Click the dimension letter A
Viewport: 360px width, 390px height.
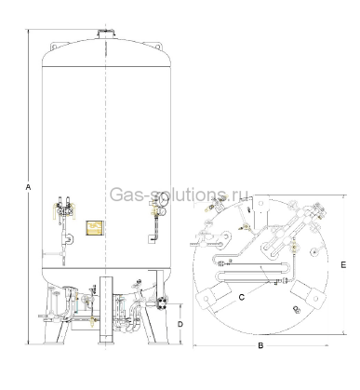coord(28,187)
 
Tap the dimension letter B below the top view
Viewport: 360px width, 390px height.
coord(260,345)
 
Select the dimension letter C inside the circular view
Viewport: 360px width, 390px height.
coord(242,297)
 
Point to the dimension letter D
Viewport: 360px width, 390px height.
coord(180,324)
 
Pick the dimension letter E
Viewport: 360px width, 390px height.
coord(343,264)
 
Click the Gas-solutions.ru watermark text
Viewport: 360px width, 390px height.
coord(179,195)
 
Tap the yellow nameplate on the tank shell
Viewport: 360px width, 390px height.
coord(94,228)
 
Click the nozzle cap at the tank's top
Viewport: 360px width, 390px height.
coord(106,34)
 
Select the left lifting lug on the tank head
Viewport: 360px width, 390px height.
coord(55,47)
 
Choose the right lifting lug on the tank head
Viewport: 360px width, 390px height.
coord(158,47)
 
